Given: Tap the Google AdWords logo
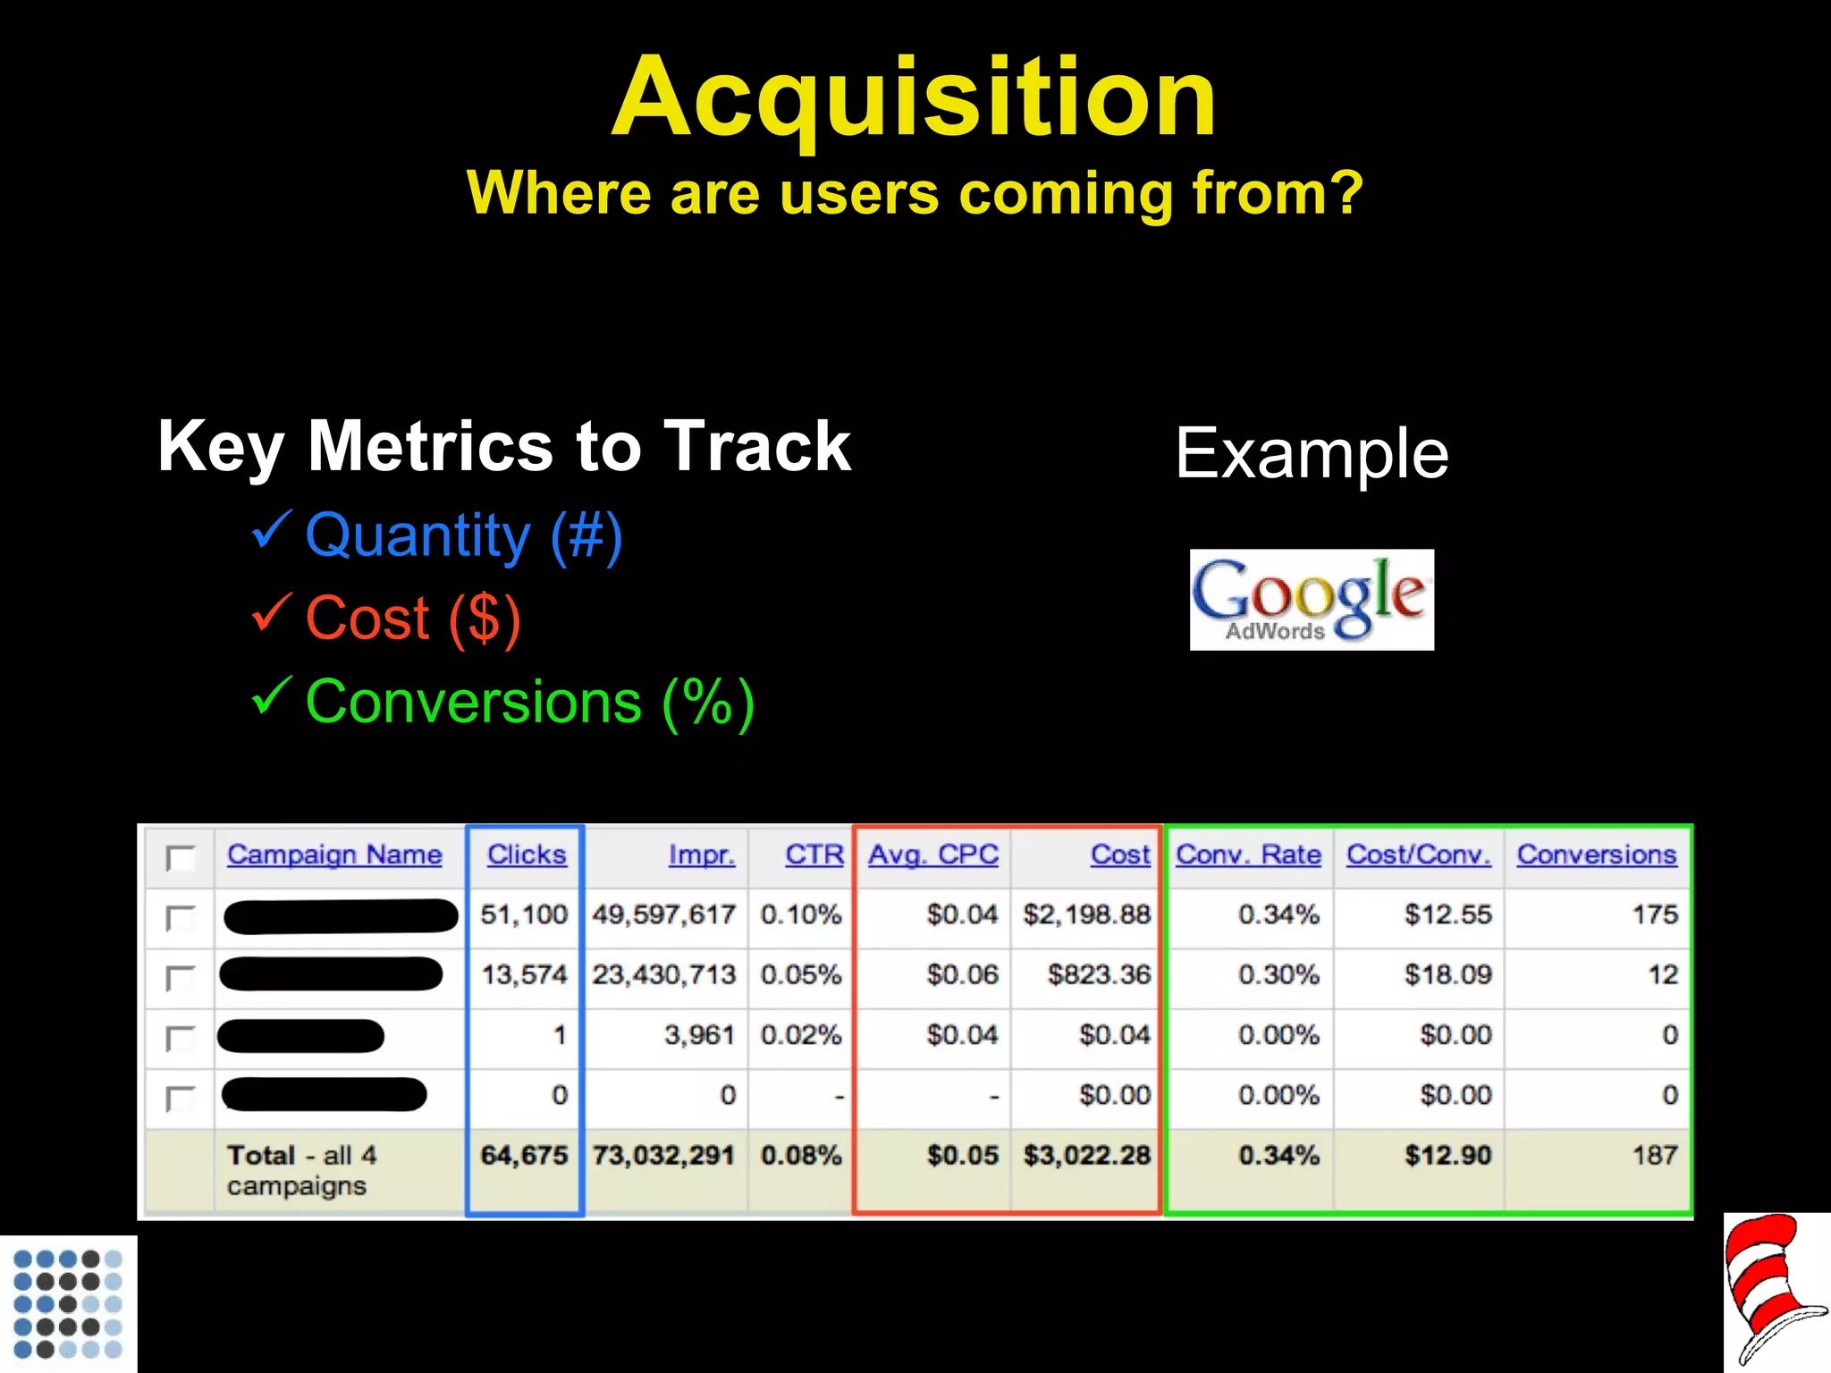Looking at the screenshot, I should click(1312, 600).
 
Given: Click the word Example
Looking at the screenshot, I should click(1312, 453).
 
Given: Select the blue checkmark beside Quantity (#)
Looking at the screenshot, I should click(271, 530).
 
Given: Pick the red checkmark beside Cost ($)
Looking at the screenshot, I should click(271, 612).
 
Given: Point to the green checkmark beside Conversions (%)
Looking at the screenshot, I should click(271, 695).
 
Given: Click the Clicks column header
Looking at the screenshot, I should click(527, 855).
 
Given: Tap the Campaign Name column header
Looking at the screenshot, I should click(334, 855).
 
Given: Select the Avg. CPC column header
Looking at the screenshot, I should click(933, 855).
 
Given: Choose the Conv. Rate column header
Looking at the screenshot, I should click(1248, 855).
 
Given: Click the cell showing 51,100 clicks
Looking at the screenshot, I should click(524, 914).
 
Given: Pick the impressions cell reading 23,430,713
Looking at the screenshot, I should click(663, 974).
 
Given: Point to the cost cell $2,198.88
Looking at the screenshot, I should click(1087, 914).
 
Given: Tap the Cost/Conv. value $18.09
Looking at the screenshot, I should click(1447, 974).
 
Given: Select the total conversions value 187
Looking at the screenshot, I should click(1655, 1155).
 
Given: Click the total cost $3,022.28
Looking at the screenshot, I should click(1087, 1155).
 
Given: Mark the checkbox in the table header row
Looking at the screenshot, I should click(181, 858).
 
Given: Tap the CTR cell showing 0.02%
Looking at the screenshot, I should click(801, 1035).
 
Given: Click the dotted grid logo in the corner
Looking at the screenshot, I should click(68, 1303).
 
